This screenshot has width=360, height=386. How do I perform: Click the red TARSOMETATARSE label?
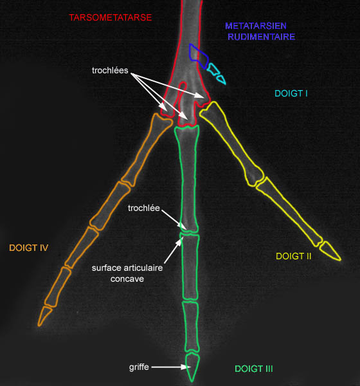coord(110,18)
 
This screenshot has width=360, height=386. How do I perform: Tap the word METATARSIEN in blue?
coord(256,26)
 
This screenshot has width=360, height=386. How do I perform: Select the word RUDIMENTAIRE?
coord(262,37)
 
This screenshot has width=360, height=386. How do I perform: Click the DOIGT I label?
coord(291,93)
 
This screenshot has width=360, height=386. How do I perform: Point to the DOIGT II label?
coord(294,256)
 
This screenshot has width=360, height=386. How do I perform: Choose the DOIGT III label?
coord(254,369)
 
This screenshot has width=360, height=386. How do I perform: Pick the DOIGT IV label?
coord(28,248)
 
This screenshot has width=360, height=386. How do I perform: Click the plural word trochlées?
coord(110,70)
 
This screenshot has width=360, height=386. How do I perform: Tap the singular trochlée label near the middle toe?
coord(144,208)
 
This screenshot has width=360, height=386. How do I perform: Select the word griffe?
coord(139,367)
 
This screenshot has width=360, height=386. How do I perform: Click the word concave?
coord(127,279)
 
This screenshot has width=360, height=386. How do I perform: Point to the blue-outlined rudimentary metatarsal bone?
coord(199,56)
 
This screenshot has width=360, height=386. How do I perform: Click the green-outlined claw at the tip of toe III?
coord(192,367)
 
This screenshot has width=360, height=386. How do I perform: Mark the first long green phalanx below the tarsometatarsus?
coord(188,178)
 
